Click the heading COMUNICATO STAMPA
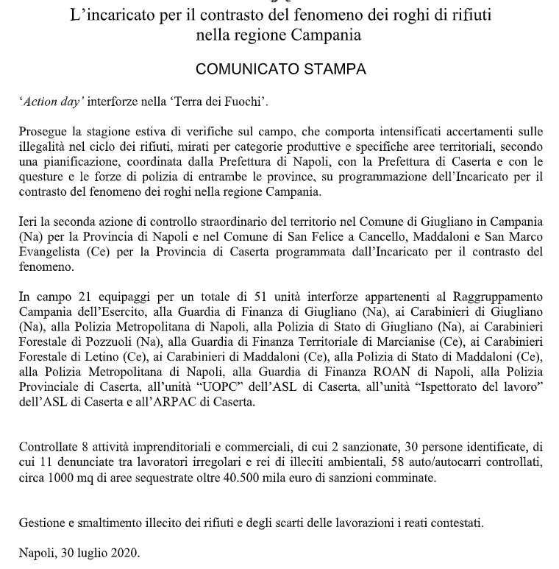click(x=281, y=70)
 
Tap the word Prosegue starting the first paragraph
click(x=42, y=132)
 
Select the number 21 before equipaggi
click(x=73, y=297)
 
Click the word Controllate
click(x=50, y=448)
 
